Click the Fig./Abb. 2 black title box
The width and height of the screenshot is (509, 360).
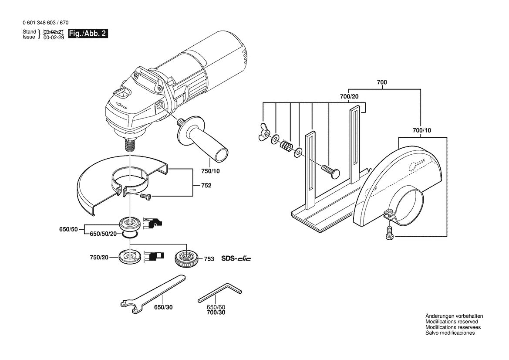[88, 34]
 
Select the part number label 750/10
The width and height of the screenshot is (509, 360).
[210, 171]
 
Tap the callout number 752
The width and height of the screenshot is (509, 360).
[206, 186]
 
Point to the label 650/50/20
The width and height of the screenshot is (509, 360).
[103, 234]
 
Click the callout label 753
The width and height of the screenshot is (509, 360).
[209, 259]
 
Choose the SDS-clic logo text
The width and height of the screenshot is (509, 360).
[236, 259]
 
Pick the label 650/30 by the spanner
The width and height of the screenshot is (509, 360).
[163, 307]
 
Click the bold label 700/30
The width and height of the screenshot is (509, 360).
[216, 312]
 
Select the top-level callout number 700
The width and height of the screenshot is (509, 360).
[382, 82]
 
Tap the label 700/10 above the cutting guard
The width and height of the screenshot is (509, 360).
[421, 131]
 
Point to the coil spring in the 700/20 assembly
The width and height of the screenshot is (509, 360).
[286, 145]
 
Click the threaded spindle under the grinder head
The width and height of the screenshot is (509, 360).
[130, 144]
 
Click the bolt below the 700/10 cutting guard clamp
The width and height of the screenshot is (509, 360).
[389, 233]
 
